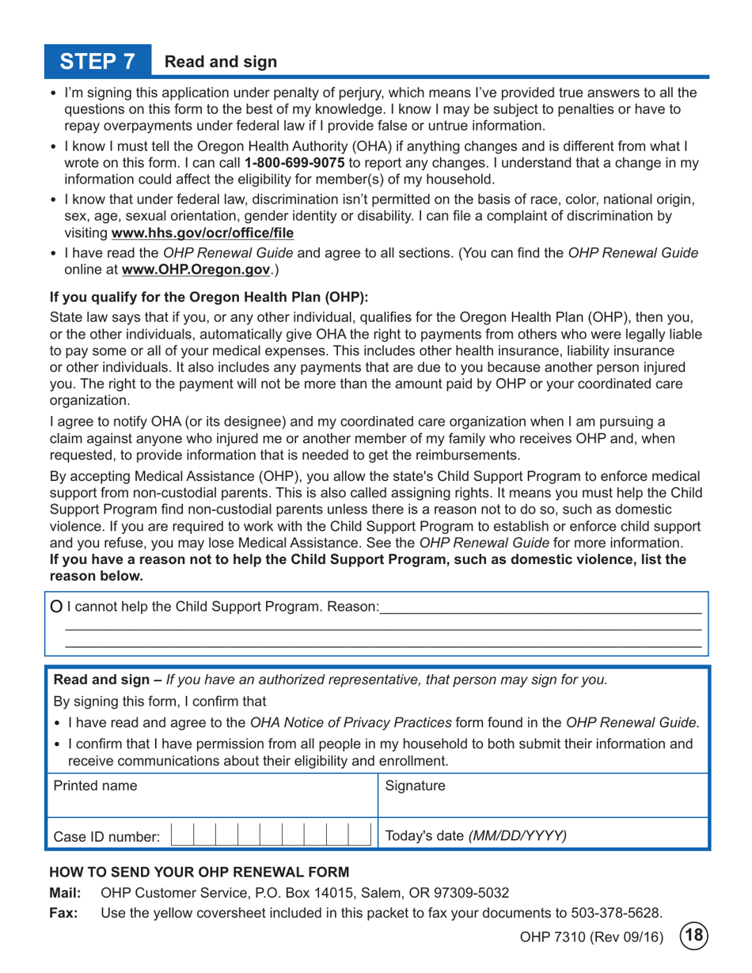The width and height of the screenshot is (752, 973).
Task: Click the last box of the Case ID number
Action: pyautogui.click(x=362, y=835)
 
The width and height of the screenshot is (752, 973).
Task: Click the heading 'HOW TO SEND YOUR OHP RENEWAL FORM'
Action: pyautogui.click(x=199, y=873)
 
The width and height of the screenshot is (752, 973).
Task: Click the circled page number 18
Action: pyautogui.click(x=694, y=938)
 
